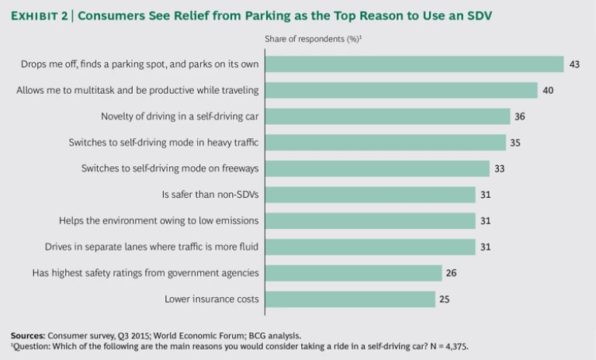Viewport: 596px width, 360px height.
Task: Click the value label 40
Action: pyautogui.click(x=548, y=90)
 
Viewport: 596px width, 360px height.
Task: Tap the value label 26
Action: pyautogui.click(x=452, y=273)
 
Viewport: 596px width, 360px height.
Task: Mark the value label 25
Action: pyautogui.click(x=445, y=299)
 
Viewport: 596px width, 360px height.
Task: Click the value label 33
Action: pyautogui.click(x=501, y=168)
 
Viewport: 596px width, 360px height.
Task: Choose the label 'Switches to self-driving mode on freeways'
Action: pyautogui.click(x=170, y=168)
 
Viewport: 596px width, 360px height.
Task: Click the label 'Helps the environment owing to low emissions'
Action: pyautogui.click(x=159, y=221)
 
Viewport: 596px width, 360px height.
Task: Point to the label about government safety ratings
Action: pyautogui.click(x=145, y=273)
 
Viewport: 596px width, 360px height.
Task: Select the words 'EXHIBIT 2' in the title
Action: pyautogui.click(x=39, y=15)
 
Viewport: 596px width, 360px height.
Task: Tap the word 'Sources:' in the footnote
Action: pyautogui.click(x=27, y=335)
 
